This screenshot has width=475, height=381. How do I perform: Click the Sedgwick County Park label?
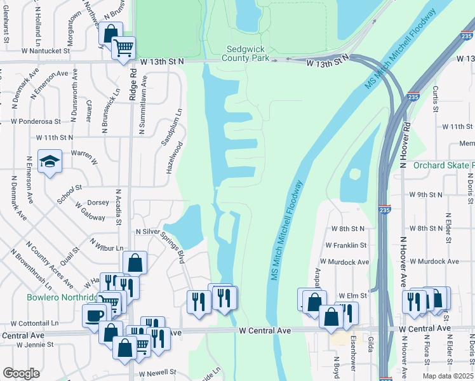tap(248, 53)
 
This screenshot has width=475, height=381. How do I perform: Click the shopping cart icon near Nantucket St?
tap(123, 47)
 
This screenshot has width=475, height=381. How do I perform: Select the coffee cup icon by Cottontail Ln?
tap(94, 315)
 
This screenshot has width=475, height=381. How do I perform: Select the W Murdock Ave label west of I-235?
tap(344, 262)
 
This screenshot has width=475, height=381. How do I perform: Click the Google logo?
tap(21, 373)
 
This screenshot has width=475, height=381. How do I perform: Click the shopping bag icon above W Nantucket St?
tap(111, 34)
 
